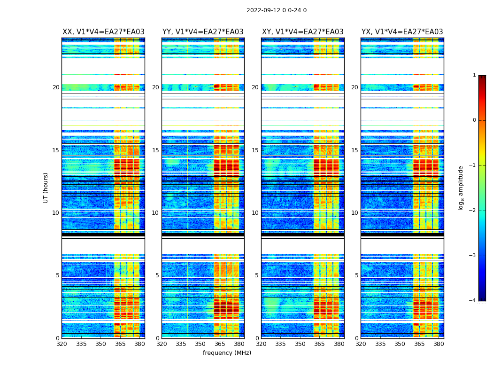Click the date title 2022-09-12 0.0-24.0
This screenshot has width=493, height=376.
277,10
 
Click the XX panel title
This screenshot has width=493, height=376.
103,32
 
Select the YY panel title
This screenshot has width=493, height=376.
203,32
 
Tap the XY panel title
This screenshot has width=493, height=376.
303,32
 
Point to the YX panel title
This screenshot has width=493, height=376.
402,32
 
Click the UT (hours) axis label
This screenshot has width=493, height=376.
46,188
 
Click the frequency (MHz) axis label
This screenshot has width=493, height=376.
227,353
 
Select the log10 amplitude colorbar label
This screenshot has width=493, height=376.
461,188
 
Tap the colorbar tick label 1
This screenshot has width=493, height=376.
474,75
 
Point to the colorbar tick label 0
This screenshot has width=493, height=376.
474,120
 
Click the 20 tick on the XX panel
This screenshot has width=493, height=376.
56,87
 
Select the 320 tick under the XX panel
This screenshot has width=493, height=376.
62,344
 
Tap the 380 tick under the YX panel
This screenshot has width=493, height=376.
439,344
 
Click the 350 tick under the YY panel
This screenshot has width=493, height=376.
200,344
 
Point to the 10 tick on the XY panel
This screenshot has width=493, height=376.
255,213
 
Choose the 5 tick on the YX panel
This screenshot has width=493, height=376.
356,275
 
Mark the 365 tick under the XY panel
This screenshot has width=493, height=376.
319,344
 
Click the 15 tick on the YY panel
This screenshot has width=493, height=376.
155,150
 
